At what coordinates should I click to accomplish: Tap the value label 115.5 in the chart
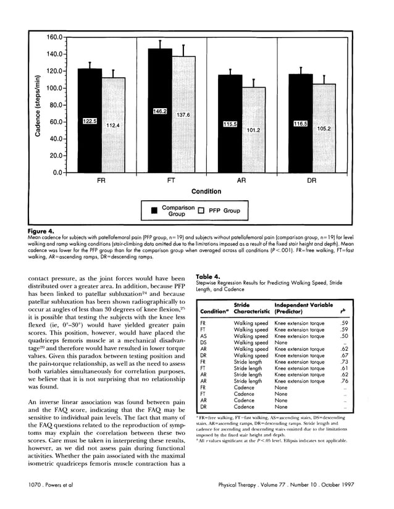tap(230, 124)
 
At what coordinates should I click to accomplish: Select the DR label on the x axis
tap(312, 182)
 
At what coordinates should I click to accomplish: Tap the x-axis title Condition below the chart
tap(206, 191)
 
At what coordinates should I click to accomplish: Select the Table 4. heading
tap(208, 277)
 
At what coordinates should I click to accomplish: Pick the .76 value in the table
tap(345, 381)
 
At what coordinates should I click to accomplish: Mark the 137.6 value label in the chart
tap(183, 115)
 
